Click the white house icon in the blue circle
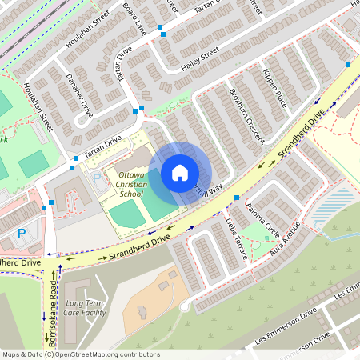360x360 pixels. [x=180, y=173]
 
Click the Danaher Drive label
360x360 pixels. [x=78, y=95]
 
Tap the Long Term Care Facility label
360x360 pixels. [x=86, y=309]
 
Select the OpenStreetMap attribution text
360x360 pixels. [x=80, y=354]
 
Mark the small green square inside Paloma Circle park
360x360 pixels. [x=266, y=233]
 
